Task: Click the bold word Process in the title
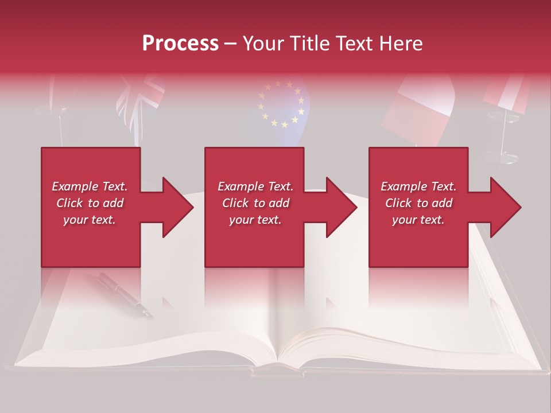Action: pos(180,44)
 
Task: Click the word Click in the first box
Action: pos(70,203)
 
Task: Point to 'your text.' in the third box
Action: pos(418,220)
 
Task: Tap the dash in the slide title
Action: pos(231,44)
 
